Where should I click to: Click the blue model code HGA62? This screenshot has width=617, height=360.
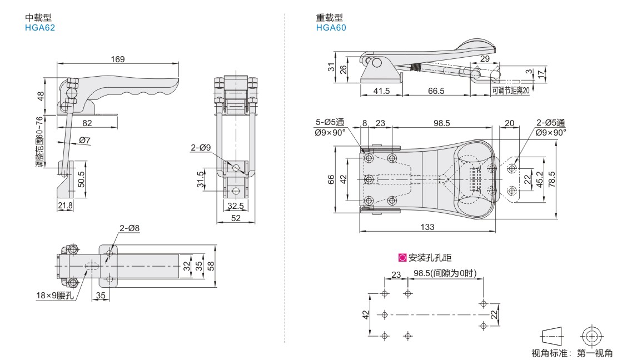pyautogui.click(x=40, y=27)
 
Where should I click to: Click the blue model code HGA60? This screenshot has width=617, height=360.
pyautogui.click(x=331, y=27)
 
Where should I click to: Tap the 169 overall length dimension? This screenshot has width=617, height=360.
pyautogui.click(x=118, y=59)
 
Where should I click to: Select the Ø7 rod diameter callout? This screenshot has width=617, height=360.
pyautogui.click(x=85, y=141)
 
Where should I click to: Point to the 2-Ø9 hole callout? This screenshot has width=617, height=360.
pyautogui.click(x=200, y=148)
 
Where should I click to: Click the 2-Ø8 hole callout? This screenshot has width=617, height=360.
pyautogui.click(x=129, y=228)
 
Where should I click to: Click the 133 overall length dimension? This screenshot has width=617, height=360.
pyautogui.click(x=427, y=227)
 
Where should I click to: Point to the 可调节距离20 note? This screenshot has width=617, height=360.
pyautogui.click(x=510, y=90)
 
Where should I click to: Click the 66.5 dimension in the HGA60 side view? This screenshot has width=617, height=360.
pyautogui.click(x=436, y=91)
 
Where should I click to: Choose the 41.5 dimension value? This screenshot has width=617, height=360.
pyautogui.click(x=382, y=91)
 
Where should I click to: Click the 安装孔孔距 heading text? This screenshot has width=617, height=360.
pyautogui.click(x=430, y=258)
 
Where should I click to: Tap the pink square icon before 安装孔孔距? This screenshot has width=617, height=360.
pyautogui.click(x=402, y=258)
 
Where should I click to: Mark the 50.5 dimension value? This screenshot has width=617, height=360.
pyautogui.click(x=82, y=179)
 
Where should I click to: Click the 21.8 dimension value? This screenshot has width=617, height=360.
pyautogui.click(x=65, y=206)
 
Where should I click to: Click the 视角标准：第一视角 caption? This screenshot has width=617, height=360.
pyautogui.click(x=571, y=353)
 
